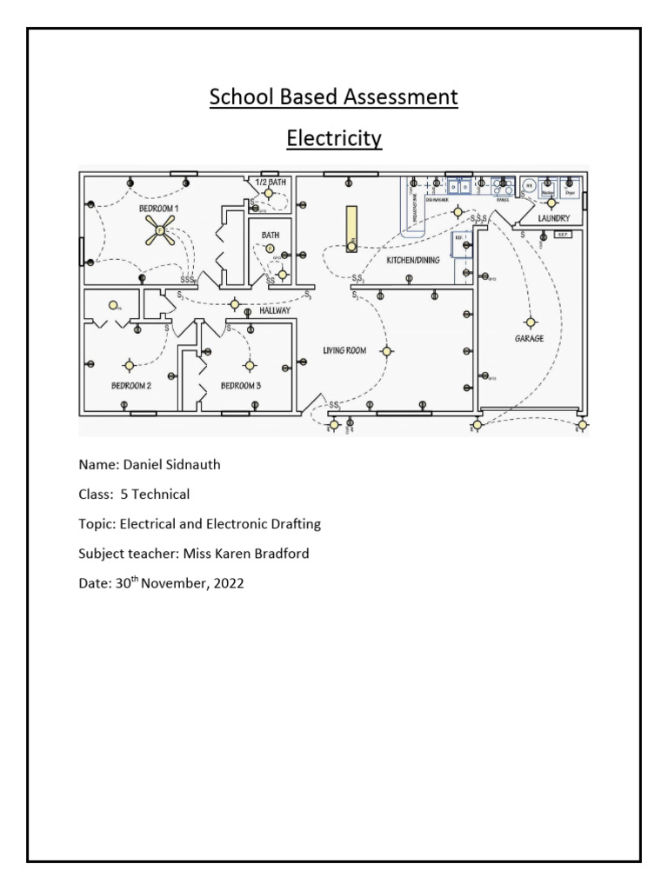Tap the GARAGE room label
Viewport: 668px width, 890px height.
pyautogui.click(x=528, y=339)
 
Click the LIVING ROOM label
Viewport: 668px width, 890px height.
pyautogui.click(x=344, y=351)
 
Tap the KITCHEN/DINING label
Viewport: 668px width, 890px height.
pyautogui.click(x=413, y=260)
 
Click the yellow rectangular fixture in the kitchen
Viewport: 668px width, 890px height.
pyautogui.click(x=351, y=229)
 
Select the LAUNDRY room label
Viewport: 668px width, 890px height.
pyautogui.click(x=553, y=218)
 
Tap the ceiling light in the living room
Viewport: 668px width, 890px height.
pyautogui.click(x=387, y=351)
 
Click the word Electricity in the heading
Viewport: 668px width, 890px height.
pyautogui.click(x=334, y=139)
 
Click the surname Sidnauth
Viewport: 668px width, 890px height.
pyautogui.click(x=191, y=465)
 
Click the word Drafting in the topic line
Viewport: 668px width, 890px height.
pyautogui.click(x=294, y=524)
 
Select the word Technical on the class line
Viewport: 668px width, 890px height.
pyautogui.click(x=161, y=495)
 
